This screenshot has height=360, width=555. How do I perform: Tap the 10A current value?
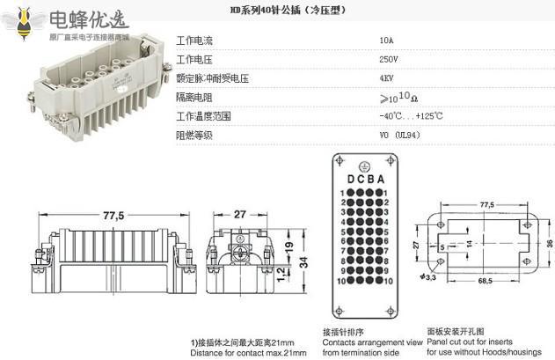click(386, 40)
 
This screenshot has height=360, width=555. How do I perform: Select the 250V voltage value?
click(388, 59)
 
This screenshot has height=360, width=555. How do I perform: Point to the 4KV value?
click(386, 78)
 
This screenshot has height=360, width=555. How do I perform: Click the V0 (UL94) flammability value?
click(399, 136)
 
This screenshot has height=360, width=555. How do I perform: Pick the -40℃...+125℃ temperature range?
click(411, 116)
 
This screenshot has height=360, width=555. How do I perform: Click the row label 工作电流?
click(194, 40)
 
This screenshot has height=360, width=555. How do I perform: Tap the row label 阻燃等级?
click(194, 136)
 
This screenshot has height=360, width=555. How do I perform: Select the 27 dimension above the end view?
click(240, 215)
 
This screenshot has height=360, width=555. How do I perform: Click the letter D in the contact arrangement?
click(350, 179)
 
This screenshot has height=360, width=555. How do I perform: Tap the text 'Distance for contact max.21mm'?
click(249, 352)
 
